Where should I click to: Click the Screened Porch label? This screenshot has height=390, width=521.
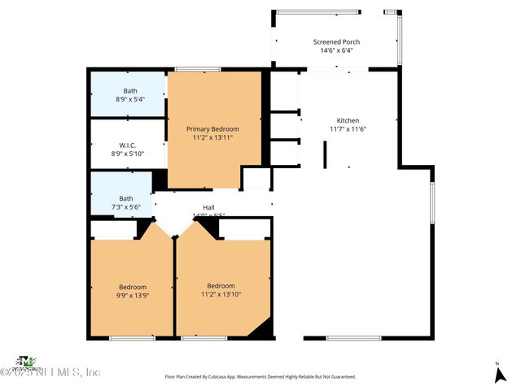[336, 41]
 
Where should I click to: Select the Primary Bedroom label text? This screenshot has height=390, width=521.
[212, 129]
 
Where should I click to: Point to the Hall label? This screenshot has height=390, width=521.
[208, 208]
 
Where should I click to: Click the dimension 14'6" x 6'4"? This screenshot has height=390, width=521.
[336, 50]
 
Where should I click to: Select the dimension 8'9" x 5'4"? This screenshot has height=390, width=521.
[130, 99]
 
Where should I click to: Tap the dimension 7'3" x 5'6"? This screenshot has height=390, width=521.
[125, 207]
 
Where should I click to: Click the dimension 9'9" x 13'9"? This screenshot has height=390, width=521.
[133, 296]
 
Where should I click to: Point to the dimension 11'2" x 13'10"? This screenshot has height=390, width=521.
[221, 294]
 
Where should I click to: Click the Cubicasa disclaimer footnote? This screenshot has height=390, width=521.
[260, 377]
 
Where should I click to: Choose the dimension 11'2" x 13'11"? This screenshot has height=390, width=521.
[212, 138]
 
